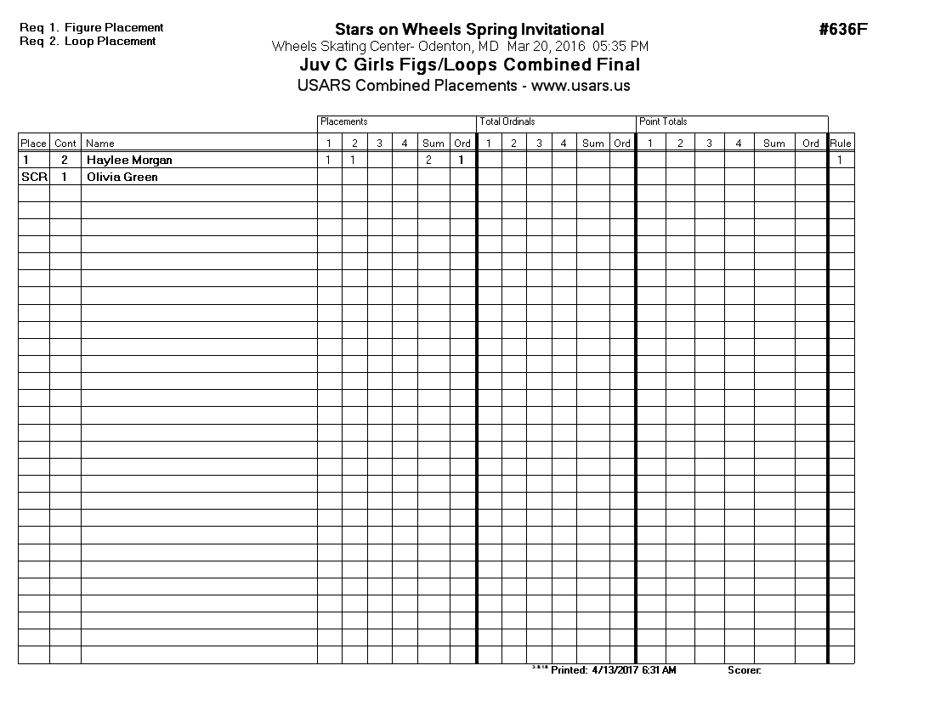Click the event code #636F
point(842,30)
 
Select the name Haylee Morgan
point(129,160)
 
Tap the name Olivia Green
point(122,177)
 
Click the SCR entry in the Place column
point(34,177)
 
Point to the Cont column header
point(65,144)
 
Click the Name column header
point(100,144)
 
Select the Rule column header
point(841,144)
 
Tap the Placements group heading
point(343,122)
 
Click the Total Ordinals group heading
point(507,122)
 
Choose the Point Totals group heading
point(663,122)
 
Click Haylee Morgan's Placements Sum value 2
point(428,160)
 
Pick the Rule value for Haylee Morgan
point(841,160)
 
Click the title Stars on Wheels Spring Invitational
point(469,30)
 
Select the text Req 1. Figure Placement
point(92,28)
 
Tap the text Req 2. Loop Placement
point(88,41)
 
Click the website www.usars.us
point(581,86)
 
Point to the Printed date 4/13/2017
point(615,670)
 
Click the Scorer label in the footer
point(744,670)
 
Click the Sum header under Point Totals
point(773,144)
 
